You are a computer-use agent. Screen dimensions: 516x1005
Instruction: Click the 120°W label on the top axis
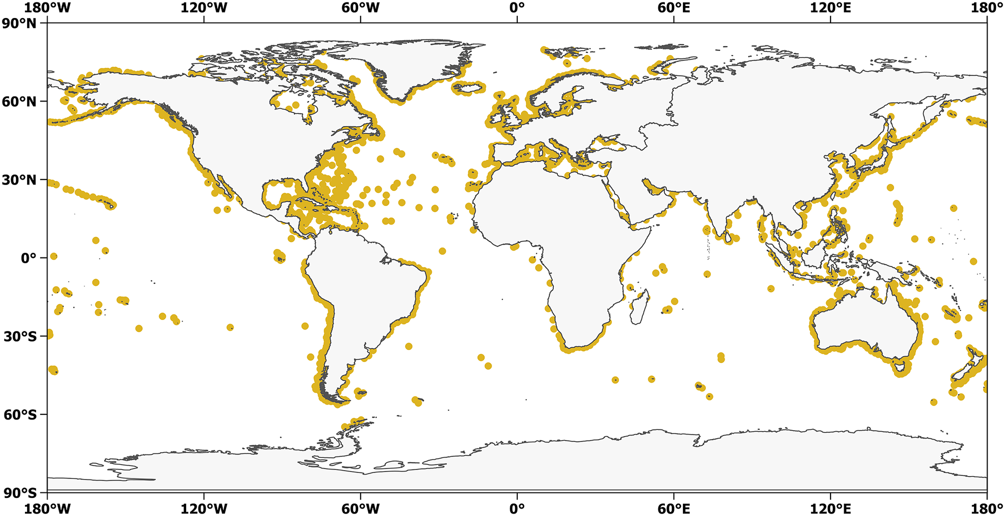[204, 8]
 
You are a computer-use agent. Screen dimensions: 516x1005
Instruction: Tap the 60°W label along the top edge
[360, 8]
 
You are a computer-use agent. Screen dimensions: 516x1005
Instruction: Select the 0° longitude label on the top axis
[517, 8]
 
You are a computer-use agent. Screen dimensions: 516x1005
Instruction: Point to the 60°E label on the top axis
[674, 8]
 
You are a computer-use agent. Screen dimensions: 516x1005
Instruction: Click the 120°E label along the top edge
[830, 8]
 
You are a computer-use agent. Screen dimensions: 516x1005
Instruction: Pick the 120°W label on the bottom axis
[204, 508]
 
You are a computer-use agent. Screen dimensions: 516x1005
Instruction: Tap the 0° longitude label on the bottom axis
[517, 508]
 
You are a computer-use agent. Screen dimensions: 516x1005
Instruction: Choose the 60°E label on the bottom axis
[674, 508]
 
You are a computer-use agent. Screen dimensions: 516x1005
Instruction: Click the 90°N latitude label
[20, 23]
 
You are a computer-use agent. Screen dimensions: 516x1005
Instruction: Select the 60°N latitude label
[20, 101]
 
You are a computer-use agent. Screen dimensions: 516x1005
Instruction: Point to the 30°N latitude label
[20, 180]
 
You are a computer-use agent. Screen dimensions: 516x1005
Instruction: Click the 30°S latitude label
[20, 336]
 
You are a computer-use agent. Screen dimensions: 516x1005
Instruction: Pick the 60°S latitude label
[20, 414]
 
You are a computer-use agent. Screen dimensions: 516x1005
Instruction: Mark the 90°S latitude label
[20, 492]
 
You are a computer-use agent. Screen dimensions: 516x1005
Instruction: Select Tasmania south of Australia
[900, 369]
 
